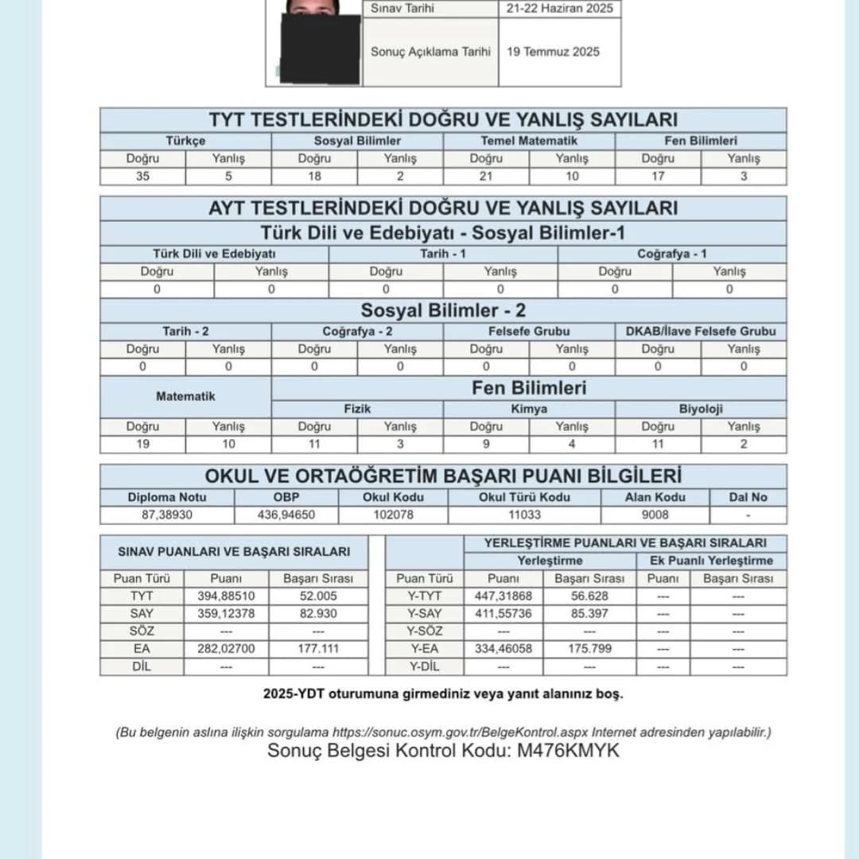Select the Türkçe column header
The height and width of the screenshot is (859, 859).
click(x=185, y=141)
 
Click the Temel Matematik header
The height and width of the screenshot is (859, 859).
click(x=529, y=141)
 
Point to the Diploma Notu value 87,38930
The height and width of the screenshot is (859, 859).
click(x=167, y=515)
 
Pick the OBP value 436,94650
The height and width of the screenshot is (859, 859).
click(x=287, y=515)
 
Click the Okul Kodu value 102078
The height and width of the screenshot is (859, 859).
click(x=393, y=515)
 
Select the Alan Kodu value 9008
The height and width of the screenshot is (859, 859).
click(x=655, y=515)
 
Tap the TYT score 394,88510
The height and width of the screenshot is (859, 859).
click(x=226, y=597)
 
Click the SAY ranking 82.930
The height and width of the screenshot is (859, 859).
click(x=318, y=614)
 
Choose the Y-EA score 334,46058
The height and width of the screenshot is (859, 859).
click(x=503, y=649)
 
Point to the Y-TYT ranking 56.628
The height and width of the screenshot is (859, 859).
click(x=589, y=597)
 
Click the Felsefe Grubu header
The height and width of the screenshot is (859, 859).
click(x=529, y=331)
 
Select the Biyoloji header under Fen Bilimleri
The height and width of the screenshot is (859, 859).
click(x=701, y=409)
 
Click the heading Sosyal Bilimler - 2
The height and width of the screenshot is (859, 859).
click(x=443, y=310)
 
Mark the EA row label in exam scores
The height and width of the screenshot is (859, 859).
click(x=142, y=649)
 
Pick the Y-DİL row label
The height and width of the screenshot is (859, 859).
click(x=424, y=667)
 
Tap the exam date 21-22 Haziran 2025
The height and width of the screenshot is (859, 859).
click(x=558, y=9)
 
